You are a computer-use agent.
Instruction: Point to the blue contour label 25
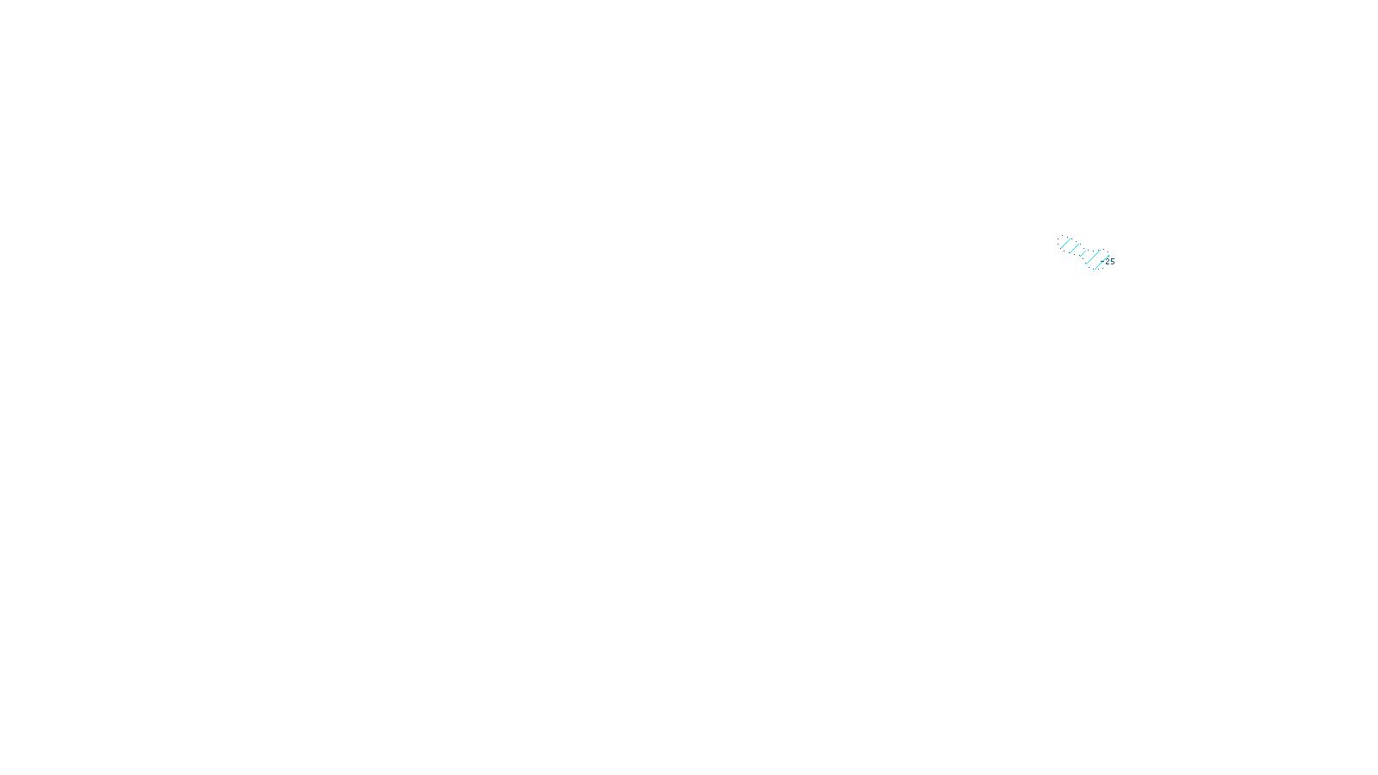point(1110,262)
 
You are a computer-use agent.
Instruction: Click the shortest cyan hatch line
point(1083,253)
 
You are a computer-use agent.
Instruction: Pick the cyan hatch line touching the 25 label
point(1102,262)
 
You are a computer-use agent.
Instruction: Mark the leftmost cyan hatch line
point(1065,244)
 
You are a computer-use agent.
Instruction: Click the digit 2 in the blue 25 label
point(1108,262)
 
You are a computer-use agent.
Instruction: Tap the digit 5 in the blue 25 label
point(1113,262)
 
